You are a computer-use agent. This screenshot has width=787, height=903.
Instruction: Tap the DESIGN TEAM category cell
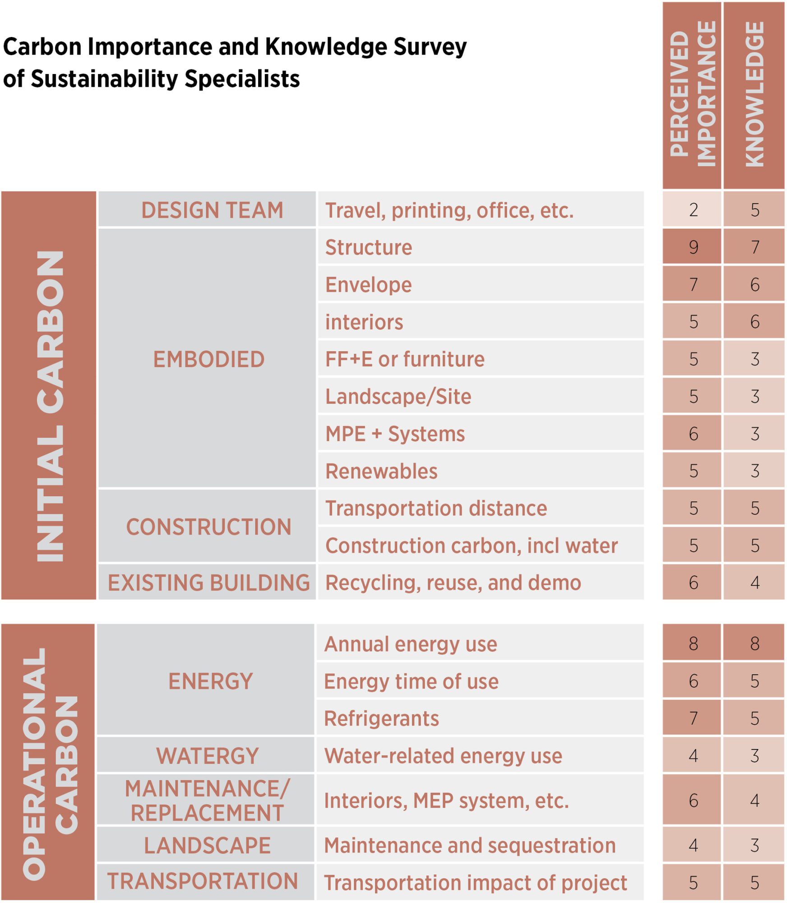point(212,210)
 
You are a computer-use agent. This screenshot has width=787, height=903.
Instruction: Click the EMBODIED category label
point(208,359)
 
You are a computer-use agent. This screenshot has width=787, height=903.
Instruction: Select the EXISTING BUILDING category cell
point(208,582)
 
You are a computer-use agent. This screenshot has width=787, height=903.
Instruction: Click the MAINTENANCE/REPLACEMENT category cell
point(207,801)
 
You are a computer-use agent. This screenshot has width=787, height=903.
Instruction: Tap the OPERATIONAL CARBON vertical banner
point(49,763)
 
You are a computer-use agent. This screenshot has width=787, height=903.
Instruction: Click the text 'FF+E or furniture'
point(405,359)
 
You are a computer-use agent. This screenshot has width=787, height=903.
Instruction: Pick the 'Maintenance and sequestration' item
point(470,845)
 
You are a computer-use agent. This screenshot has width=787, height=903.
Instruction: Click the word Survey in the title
point(430,47)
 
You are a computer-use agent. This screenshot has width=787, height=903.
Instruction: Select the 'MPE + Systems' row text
point(395,434)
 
